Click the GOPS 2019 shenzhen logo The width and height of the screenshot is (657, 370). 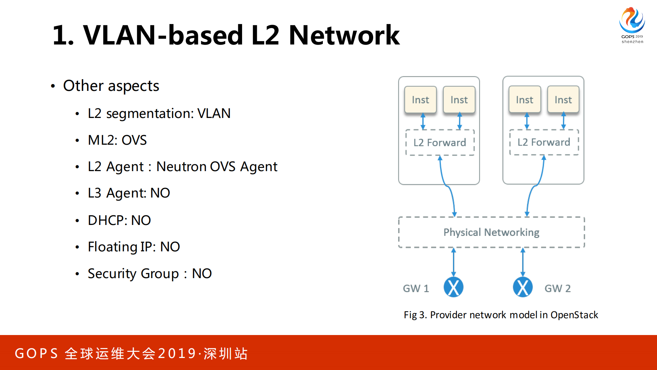tap(632, 25)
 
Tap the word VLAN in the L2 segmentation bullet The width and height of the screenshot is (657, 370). tap(214, 114)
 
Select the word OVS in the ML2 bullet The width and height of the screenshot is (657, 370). tap(134, 140)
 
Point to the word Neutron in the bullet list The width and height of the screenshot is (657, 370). tap(181, 167)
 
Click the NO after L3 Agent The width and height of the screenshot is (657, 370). tap(160, 193)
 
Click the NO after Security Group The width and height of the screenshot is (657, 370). tap(202, 274)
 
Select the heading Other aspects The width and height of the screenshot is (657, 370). tap(111, 86)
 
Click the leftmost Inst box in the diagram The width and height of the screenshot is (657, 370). tap(420, 100)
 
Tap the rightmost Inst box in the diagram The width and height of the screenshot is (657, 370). tap(563, 100)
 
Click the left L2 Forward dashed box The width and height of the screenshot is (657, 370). tap(440, 143)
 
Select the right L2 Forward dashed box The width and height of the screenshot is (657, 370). tap(544, 142)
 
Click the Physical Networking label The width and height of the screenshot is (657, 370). tap(491, 232)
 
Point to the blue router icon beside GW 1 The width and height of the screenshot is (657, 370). tap(453, 287)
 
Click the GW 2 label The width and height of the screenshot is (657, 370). tap(557, 288)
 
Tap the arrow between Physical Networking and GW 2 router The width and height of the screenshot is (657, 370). tap(523, 262)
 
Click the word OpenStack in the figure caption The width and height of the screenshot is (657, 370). tap(574, 315)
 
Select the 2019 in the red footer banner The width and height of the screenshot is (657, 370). tap(177, 354)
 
